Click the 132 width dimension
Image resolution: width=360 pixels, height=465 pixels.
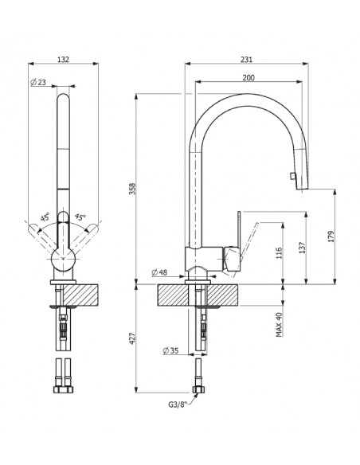tap(63, 59)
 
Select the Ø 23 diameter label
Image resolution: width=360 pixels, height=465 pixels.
tap(38, 82)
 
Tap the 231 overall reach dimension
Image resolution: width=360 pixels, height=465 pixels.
tap(246, 59)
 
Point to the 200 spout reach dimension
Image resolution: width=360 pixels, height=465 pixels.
tap(248, 78)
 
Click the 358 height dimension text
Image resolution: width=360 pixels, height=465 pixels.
tap(132, 189)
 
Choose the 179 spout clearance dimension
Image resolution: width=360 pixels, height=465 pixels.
tap(331, 236)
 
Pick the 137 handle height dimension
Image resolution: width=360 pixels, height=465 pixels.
tap(302, 248)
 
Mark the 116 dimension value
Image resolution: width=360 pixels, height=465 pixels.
tap(279, 253)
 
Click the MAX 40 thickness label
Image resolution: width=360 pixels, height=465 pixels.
tap(279, 325)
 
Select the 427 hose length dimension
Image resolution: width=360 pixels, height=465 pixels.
tap(132, 338)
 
